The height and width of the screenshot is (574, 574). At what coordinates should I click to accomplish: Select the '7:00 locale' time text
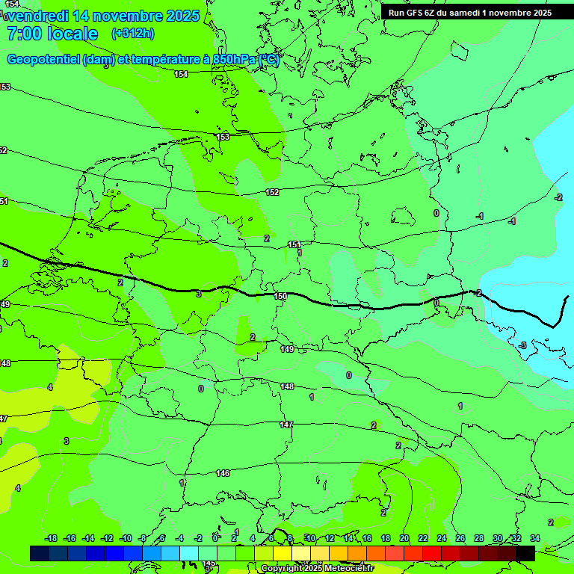[x=52, y=34]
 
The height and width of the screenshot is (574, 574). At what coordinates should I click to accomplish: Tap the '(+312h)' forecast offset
[x=132, y=34]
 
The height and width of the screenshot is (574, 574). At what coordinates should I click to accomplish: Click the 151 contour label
[x=294, y=244]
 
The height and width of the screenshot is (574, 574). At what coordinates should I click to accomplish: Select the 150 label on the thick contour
[x=280, y=297]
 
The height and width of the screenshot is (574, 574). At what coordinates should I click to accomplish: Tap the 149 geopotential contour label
[x=287, y=349]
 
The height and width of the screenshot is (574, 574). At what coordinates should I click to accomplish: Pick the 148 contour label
[x=287, y=386]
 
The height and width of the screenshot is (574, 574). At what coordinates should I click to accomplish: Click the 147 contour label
[x=286, y=425]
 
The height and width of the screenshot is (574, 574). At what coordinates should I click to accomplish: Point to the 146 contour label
[x=223, y=473]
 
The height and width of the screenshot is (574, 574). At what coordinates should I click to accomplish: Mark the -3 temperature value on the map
[x=522, y=345]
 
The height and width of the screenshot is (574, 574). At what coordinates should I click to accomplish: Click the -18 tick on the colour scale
[x=52, y=538]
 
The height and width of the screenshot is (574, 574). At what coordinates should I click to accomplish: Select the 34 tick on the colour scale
[x=535, y=538]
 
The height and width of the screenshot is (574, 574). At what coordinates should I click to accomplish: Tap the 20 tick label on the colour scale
[x=404, y=538]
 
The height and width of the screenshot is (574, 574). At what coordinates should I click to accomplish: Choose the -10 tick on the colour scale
[x=126, y=538]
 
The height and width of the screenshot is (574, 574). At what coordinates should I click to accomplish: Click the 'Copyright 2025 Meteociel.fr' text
[x=317, y=568]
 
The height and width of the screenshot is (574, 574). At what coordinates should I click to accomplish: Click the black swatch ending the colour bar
[x=525, y=553]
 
